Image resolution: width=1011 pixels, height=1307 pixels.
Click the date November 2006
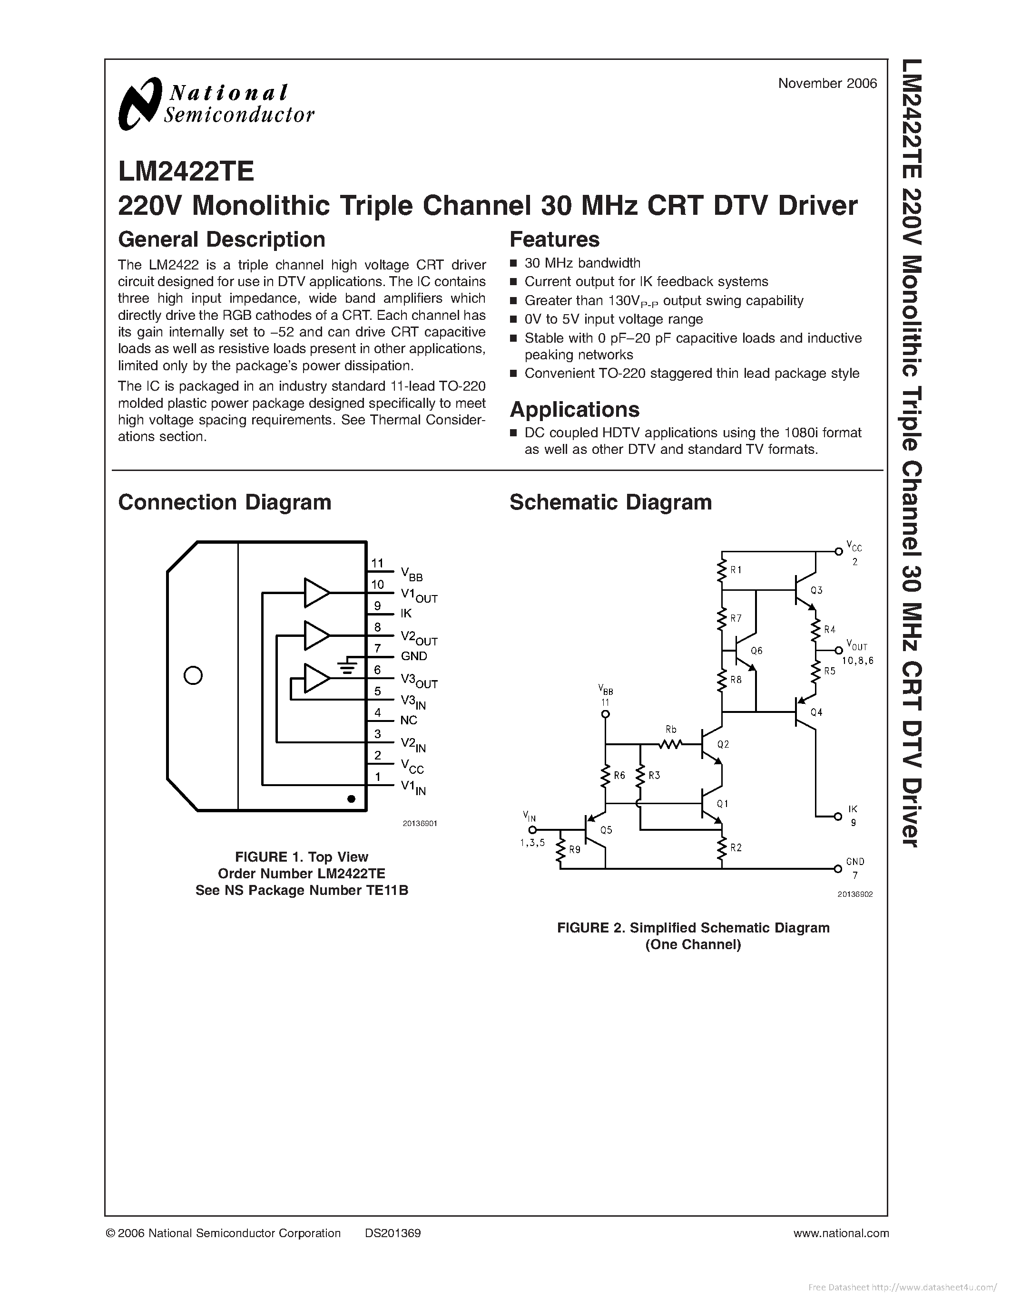click(827, 84)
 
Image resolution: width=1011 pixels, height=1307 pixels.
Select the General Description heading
click(222, 240)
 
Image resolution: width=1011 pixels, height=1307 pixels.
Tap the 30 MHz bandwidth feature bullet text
click(582, 263)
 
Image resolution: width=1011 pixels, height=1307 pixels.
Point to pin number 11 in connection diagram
click(377, 563)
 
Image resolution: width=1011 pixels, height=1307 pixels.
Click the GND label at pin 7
click(414, 656)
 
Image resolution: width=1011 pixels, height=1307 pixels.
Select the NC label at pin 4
click(409, 720)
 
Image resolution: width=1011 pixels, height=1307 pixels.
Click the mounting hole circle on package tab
click(193, 676)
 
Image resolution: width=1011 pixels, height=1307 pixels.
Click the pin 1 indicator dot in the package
click(352, 798)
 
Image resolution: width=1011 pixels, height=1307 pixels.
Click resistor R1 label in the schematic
click(736, 570)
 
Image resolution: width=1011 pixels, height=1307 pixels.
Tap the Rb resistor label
click(671, 730)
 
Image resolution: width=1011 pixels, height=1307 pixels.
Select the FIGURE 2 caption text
click(693, 928)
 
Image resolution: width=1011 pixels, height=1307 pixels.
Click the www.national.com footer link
click(840, 1233)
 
